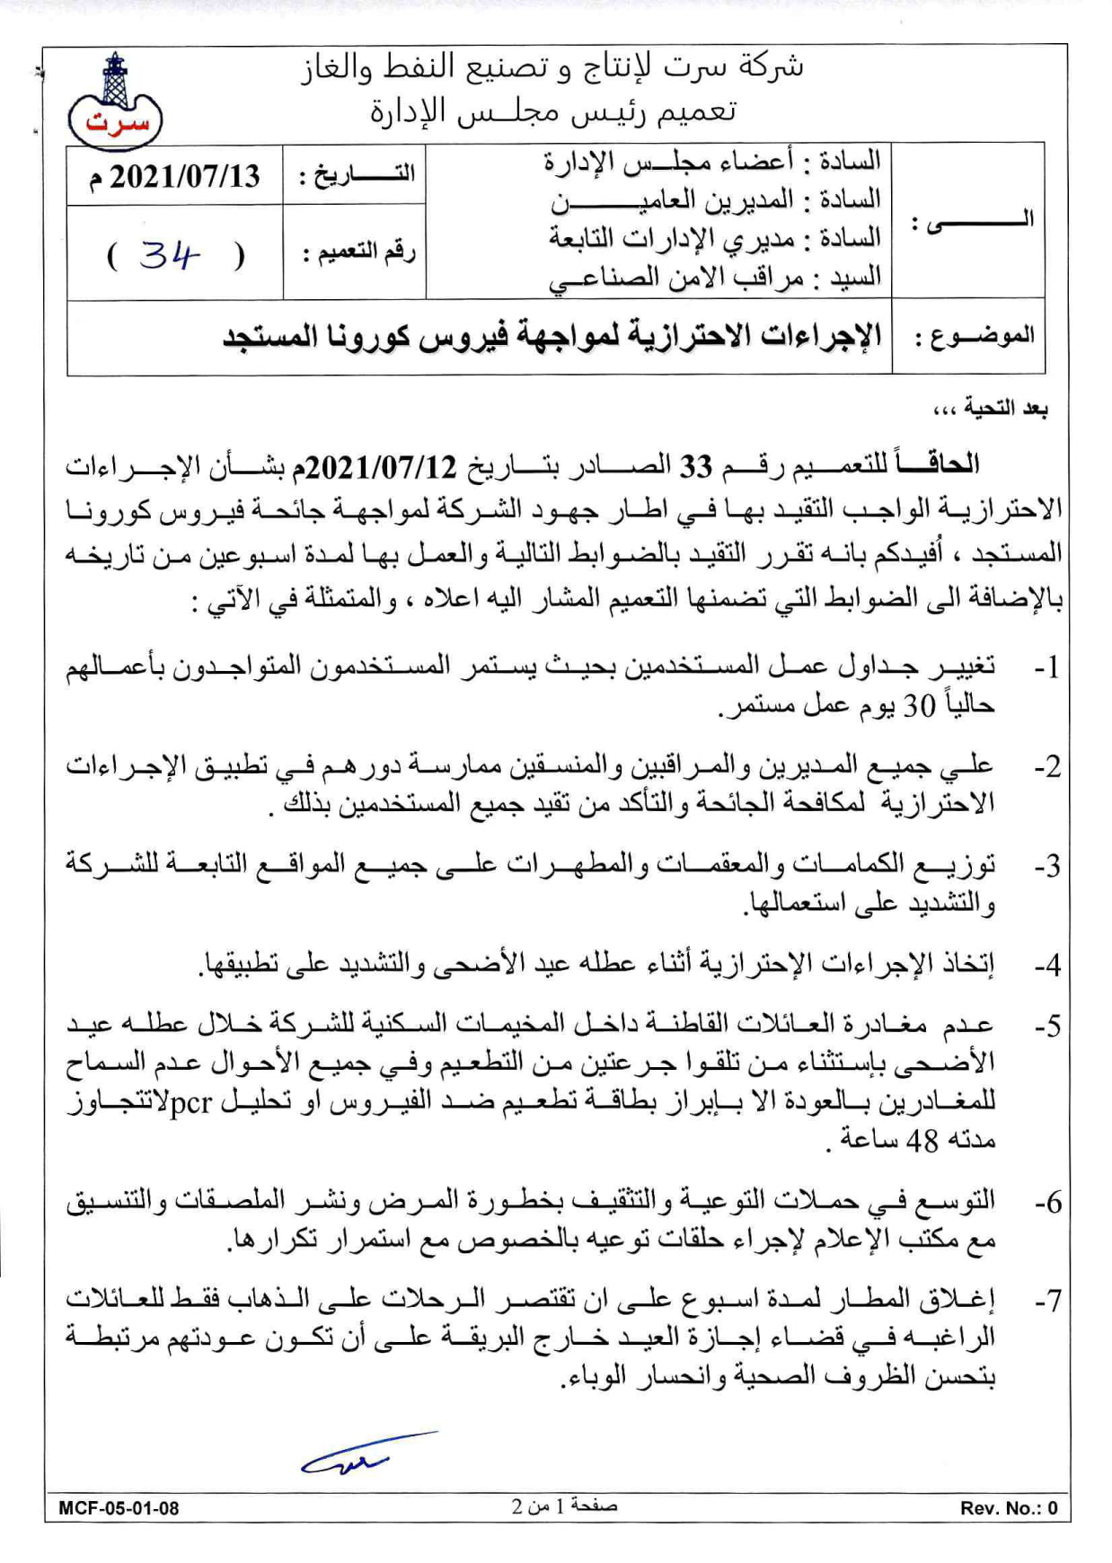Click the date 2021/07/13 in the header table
tap(176, 176)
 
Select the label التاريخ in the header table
tap(357, 173)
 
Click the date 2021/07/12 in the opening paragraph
tap(382, 466)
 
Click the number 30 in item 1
tap(919, 707)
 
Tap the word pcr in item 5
tap(190, 1101)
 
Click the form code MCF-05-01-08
tap(119, 1508)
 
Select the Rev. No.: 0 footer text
tap(1009, 1508)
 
